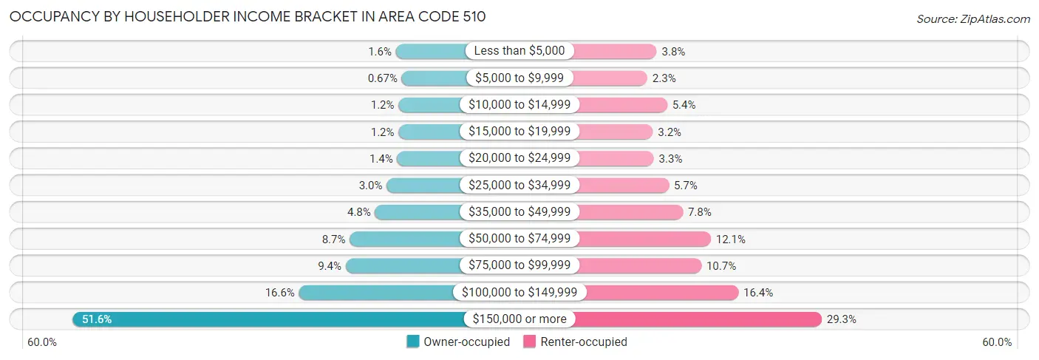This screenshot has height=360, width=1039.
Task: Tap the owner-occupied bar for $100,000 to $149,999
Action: coord(377,293)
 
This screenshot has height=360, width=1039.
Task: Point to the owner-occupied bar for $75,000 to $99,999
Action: coord(403,265)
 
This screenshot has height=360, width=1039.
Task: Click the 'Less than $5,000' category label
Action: coord(519,51)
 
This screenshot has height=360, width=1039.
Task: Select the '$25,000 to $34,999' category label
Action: coord(519,186)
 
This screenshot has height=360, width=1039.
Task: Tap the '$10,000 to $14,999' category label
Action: coord(519,105)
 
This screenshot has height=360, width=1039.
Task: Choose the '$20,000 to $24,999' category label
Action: coord(519,158)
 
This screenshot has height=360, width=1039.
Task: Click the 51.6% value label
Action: coord(97,319)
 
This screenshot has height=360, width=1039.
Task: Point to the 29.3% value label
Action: coord(843,319)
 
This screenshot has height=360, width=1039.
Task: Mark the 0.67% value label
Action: coord(383,78)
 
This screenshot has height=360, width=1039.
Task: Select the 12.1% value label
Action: coord(730,239)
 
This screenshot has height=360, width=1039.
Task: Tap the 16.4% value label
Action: coord(758,293)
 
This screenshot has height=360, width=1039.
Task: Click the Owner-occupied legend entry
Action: coord(458,342)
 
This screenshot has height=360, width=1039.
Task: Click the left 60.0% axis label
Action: coord(42,342)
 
